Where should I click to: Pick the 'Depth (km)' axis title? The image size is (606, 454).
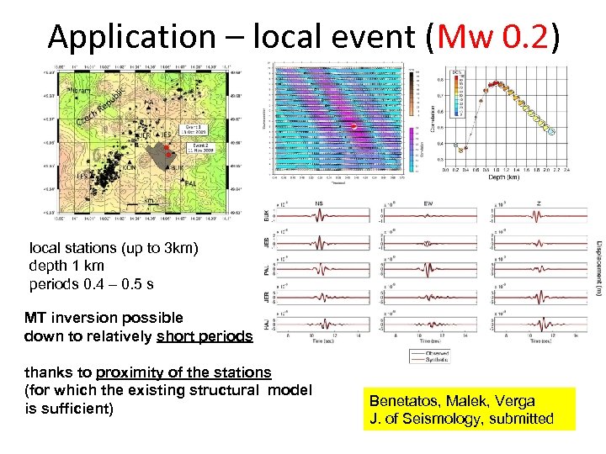click(x=505, y=177)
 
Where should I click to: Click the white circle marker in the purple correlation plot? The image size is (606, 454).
click(x=354, y=126)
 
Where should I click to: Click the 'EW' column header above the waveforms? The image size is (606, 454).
click(x=430, y=203)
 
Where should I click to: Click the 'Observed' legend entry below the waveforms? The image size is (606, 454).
click(x=437, y=352)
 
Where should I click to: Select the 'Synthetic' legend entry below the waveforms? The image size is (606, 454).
click(x=437, y=359)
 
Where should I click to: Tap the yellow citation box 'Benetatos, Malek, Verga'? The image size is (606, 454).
click(x=469, y=409)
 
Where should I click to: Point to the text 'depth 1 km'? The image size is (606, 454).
click(x=66, y=267)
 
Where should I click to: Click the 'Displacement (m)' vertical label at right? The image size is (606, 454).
click(x=598, y=266)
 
